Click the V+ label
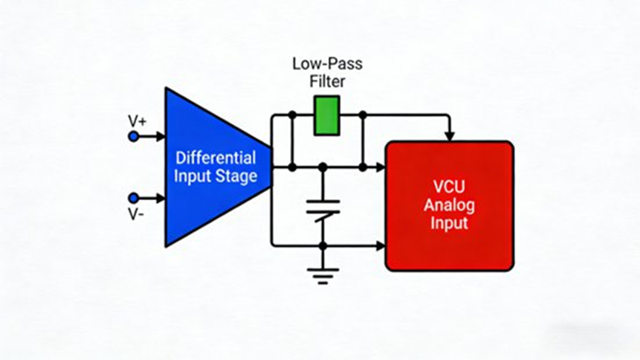[137, 120]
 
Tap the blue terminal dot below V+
[133, 137]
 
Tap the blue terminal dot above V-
[133, 198]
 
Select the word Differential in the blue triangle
[216, 158]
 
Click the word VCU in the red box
[449, 186]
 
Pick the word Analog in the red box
[449, 205]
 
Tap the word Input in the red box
[449, 222]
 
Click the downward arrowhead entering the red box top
[449, 135]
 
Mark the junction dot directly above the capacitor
[323, 167]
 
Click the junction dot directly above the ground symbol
[323, 245]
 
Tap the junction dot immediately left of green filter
[292, 115]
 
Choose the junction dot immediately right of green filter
[362, 115]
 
